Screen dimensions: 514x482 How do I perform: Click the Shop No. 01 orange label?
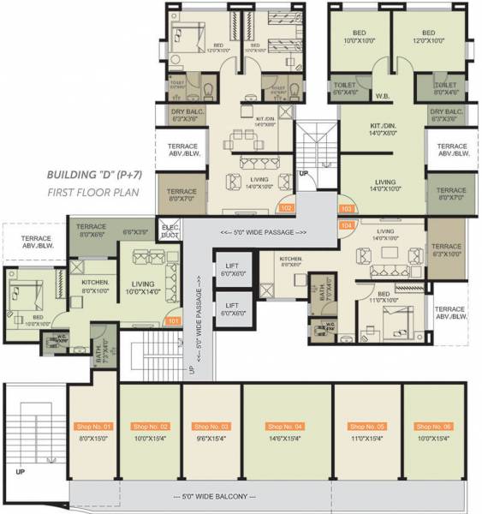94,426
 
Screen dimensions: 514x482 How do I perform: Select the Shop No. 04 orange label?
285,426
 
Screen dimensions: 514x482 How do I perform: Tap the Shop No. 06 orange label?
432,426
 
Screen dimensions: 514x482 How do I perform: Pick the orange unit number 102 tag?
286,208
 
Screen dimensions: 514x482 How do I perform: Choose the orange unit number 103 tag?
347,208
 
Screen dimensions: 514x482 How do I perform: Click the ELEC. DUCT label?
170,230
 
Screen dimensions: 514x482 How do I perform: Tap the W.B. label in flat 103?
384,95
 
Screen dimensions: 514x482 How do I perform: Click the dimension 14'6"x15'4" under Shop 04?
285,439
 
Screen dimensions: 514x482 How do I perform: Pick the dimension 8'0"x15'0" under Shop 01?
94,439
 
